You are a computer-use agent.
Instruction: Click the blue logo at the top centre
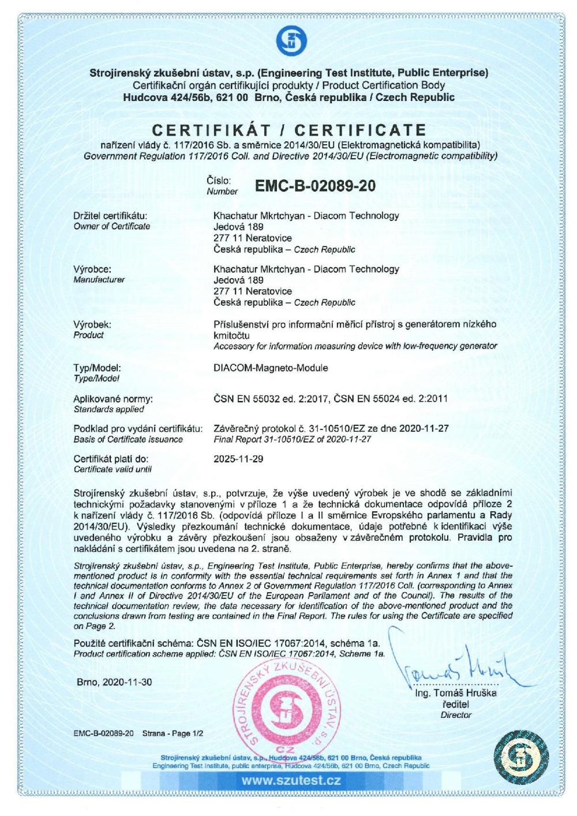[288, 39]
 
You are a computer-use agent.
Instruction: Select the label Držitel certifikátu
[106, 216]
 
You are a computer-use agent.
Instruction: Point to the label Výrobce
[92, 269]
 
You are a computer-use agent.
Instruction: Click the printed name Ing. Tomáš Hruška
[456, 694]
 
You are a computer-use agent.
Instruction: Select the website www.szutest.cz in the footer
[291, 781]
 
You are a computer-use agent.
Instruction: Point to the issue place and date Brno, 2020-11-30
[114, 682]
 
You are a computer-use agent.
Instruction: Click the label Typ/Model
[98, 367]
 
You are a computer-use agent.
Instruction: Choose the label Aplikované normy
[113, 398]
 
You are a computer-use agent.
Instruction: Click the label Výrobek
[92, 324]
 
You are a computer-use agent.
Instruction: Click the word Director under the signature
[456, 715]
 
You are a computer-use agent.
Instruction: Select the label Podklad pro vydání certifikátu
[138, 428]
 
